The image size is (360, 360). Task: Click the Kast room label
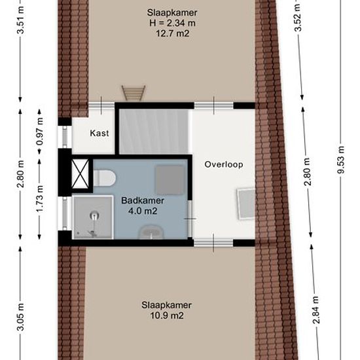tap(99, 133)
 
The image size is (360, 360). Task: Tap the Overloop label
tap(224, 164)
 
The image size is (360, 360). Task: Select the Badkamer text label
tap(143, 200)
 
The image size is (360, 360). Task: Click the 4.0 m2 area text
tap(143, 211)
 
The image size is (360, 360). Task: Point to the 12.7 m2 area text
tap(172, 33)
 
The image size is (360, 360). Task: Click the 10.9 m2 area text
tap(167, 315)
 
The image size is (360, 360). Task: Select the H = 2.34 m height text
tap(172, 23)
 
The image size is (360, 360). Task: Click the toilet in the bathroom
tap(104, 178)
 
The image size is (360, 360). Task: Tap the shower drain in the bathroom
tap(94, 216)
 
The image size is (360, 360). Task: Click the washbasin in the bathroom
tap(150, 232)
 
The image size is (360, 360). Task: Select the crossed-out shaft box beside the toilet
tap(80, 174)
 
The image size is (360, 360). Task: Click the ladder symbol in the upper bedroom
tap(134, 93)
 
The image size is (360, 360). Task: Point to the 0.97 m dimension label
tap(40, 132)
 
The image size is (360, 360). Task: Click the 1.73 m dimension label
tap(40, 199)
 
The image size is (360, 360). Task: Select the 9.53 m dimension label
tap(341, 160)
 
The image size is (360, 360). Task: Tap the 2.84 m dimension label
tap(316, 310)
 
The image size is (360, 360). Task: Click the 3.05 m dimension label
tap(21, 316)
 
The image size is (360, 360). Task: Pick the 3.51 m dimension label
tap(21, 20)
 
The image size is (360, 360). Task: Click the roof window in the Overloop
tap(246, 204)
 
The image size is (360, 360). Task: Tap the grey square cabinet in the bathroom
tap(170, 180)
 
